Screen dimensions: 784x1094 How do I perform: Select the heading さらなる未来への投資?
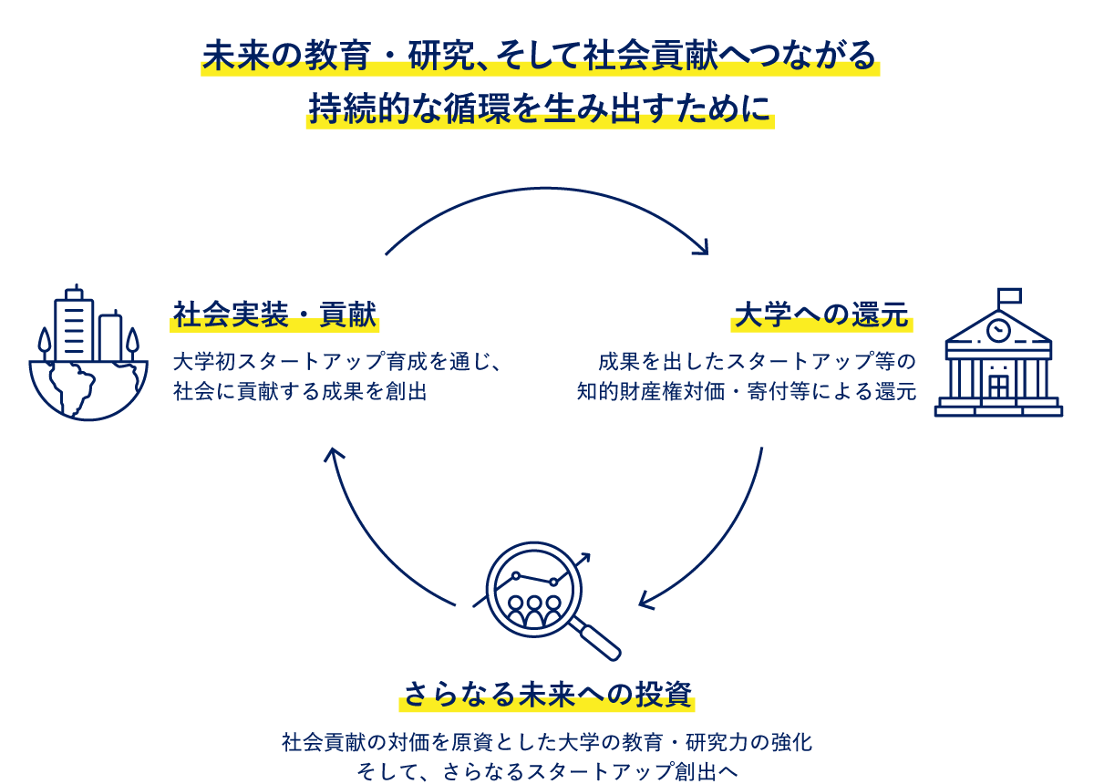pyautogui.click(x=547, y=694)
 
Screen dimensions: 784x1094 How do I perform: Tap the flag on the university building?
pyautogui.click(x=1009, y=296)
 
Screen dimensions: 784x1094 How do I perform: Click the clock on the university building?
pyautogui.click(x=999, y=326)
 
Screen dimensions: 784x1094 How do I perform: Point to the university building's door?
pyautogui.click(x=999, y=387)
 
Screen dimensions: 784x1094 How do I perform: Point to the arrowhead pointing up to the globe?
pyautogui.click(x=334, y=454)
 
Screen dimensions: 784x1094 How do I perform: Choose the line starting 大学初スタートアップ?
pyautogui.click(x=337, y=362)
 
